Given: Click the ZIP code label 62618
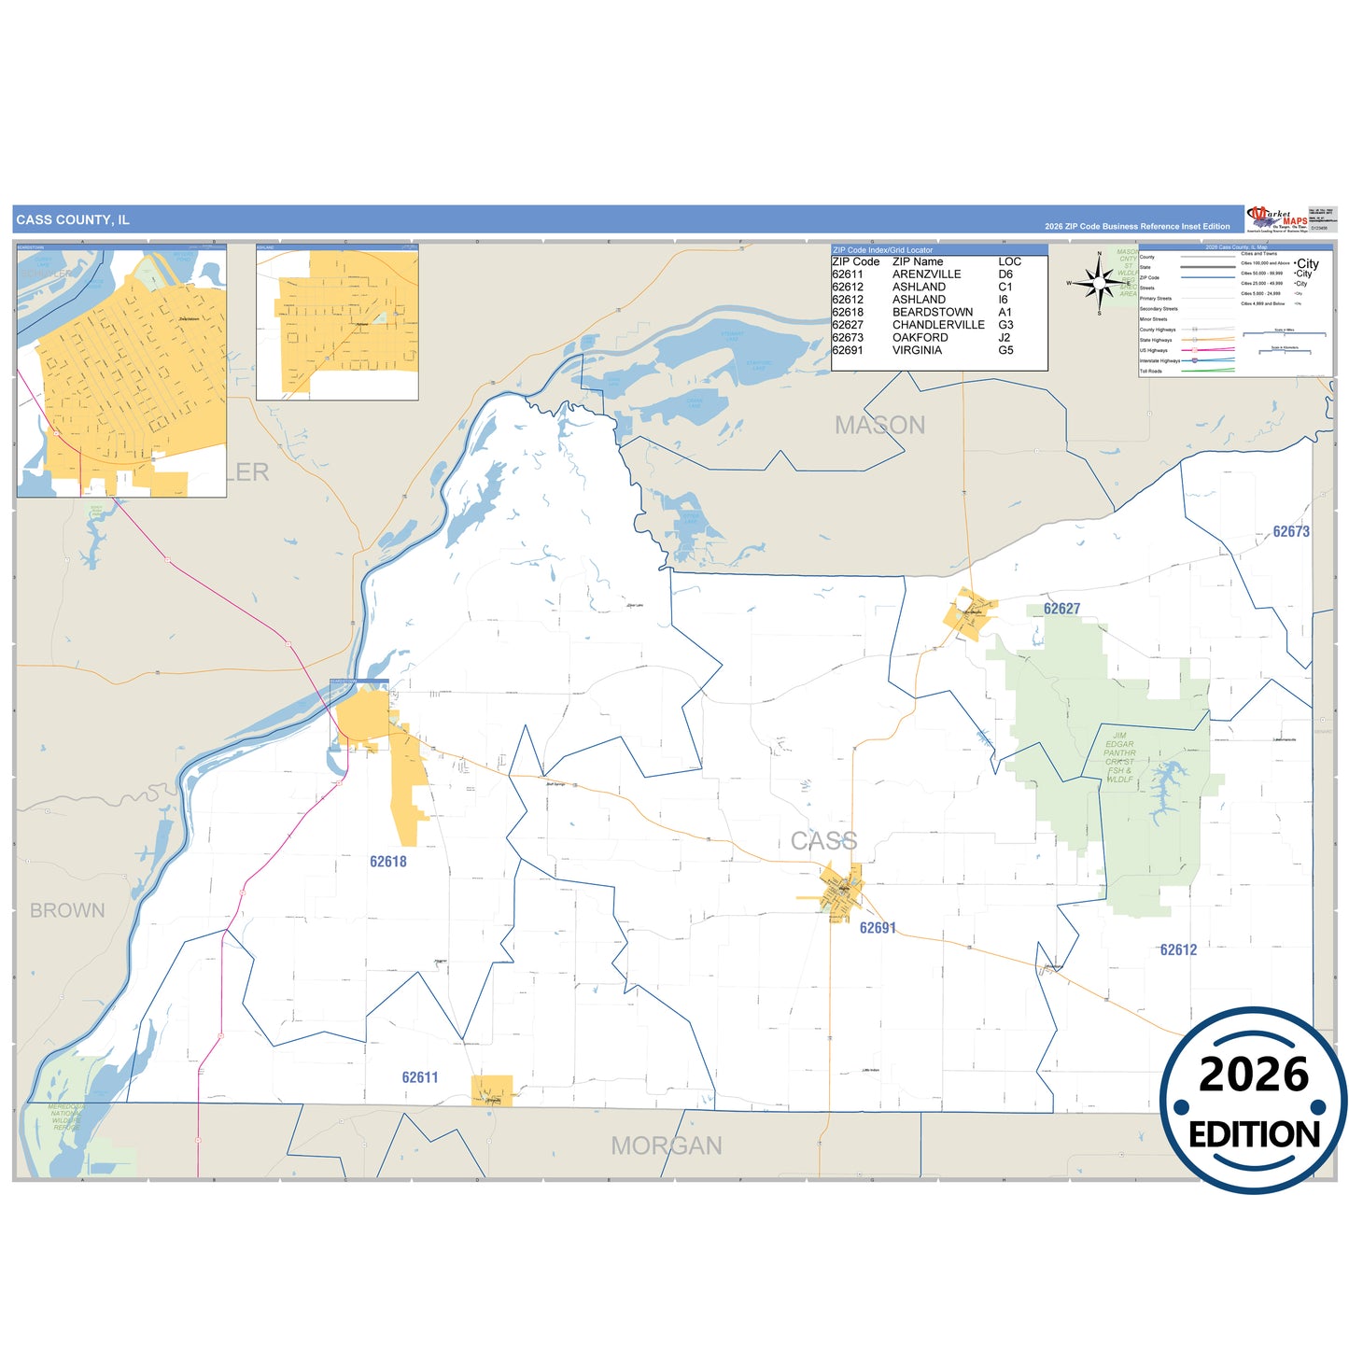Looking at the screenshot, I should pos(387,862).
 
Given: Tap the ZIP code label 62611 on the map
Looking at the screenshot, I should pos(420,1077).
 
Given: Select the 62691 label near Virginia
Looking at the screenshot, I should pos(878,928).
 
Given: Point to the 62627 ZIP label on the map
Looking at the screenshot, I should pos(1061,609).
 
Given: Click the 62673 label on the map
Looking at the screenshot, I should pos(1291,531).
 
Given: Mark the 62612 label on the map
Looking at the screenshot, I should pos(1178,949).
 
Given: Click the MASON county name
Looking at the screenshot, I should pos(879,426).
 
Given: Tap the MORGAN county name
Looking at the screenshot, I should pos(667,1145).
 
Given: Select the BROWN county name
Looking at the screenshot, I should pos(67,910).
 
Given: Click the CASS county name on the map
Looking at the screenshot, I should pos(823,841).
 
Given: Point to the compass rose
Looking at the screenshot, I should pos(1100,282).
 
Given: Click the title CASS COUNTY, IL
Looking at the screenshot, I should pos(73,220).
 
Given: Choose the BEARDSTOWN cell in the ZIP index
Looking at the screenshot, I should pos(932,312).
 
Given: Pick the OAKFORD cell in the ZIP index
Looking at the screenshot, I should pos(920,337).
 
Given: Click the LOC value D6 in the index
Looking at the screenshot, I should pos(1005,274).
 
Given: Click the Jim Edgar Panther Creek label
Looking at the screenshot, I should pos(1119,757).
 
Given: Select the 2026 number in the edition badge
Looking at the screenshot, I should pos(1253,1075).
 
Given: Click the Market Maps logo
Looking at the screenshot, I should pos(1277,219).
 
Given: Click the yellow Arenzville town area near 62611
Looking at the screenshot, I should pos(492,1090).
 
